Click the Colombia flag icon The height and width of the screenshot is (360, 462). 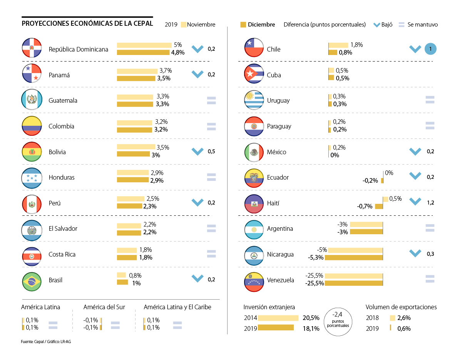(x=32, y=126)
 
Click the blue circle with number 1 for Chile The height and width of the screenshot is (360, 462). (x=430, y=49)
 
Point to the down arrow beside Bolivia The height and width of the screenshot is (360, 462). (x=198, y=151)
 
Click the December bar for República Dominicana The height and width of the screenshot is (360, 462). (x=143, y=52)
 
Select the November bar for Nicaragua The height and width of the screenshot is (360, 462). (x=355, y=250)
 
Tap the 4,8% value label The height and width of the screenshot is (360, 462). (x=178, y=52)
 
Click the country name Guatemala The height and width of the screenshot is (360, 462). (x=63, y=100)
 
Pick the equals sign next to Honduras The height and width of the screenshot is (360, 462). (x=211, y=177)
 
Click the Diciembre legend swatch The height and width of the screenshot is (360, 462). (x=243, y=25)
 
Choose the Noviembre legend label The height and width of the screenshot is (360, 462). (x=201, y=25)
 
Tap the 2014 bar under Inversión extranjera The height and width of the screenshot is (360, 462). (x=278, y=318)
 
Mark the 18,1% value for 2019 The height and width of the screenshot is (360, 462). (x=311, y=328)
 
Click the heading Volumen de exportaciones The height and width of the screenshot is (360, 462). (x=401, y=307)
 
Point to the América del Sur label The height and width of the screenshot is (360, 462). (x=104, y=307)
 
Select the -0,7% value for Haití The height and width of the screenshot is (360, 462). (x=365, y=206)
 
